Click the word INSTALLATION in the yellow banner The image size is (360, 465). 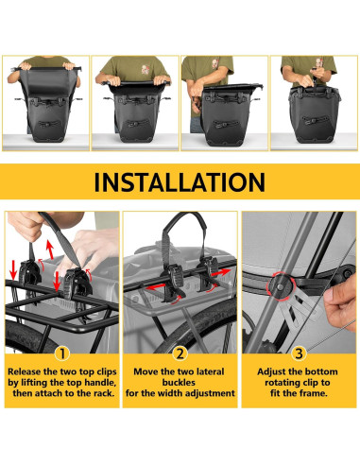[x=180, y=181]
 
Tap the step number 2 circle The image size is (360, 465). [x=180, y=355]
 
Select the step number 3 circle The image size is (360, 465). [x=300, y=355]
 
